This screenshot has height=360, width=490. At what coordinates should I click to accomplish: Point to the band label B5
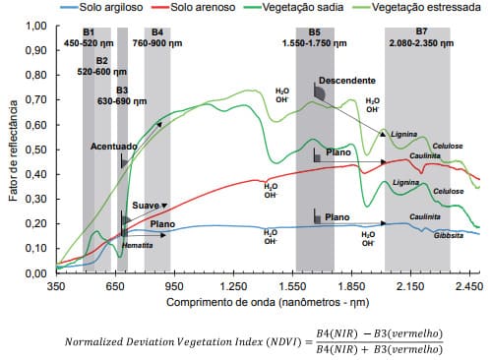point(314,32)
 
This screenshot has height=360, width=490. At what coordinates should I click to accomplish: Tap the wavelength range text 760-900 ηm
point(157,43)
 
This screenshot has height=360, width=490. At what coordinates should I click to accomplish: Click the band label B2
point(101,61)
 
